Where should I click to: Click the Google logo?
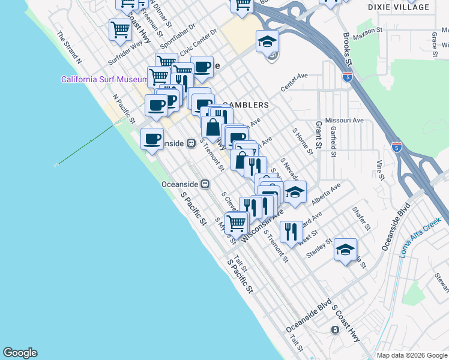pyautogui.click(x=20, y=353)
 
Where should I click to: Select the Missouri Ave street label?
pyautogui.click(x=345, y=121)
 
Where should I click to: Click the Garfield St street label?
pyautogui.click(x=334, y=142)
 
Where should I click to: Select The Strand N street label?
pyautogui.click(x=69, y=46)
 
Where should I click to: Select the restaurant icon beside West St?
pyautogui.click(x=291, y=231)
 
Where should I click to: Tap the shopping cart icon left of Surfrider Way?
pyautogui.click(x=120, y=29)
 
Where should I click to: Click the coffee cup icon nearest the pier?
pyautogui.click(x=152, y=139)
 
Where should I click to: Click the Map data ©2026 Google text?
pyautogui.click(x=412, y=355)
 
